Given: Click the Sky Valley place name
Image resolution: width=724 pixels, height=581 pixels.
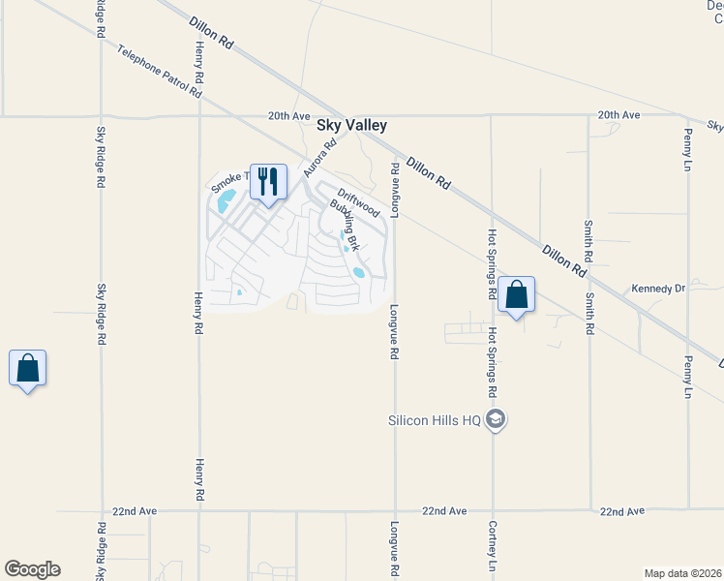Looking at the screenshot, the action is coord(352,126).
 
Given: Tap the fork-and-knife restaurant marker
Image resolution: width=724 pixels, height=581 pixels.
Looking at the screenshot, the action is coord(268,180).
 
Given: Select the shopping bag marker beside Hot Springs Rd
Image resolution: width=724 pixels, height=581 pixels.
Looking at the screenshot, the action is coord(516,293).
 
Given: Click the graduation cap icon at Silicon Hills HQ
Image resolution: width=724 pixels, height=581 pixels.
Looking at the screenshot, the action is coord(496,419).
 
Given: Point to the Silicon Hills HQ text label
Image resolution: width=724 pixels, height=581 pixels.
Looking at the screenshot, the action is coord(435,420).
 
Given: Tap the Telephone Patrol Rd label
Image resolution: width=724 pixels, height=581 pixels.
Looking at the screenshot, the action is coord(160,72).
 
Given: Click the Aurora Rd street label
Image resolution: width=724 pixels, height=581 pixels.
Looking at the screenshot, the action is coord(319,158).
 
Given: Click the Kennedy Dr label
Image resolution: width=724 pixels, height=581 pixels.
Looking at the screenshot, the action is coord(658,289).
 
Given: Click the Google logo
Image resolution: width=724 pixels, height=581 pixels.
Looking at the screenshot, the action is coord(32,569).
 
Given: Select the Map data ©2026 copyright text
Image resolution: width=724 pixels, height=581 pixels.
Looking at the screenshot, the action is coord(682,573).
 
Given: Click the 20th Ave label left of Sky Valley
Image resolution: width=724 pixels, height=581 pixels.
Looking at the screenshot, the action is coord(289,116).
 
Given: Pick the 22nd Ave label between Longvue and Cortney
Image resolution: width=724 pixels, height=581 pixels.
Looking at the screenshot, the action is coord(444,510).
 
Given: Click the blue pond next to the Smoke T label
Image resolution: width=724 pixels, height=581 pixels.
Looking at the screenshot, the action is coord(226,201).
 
